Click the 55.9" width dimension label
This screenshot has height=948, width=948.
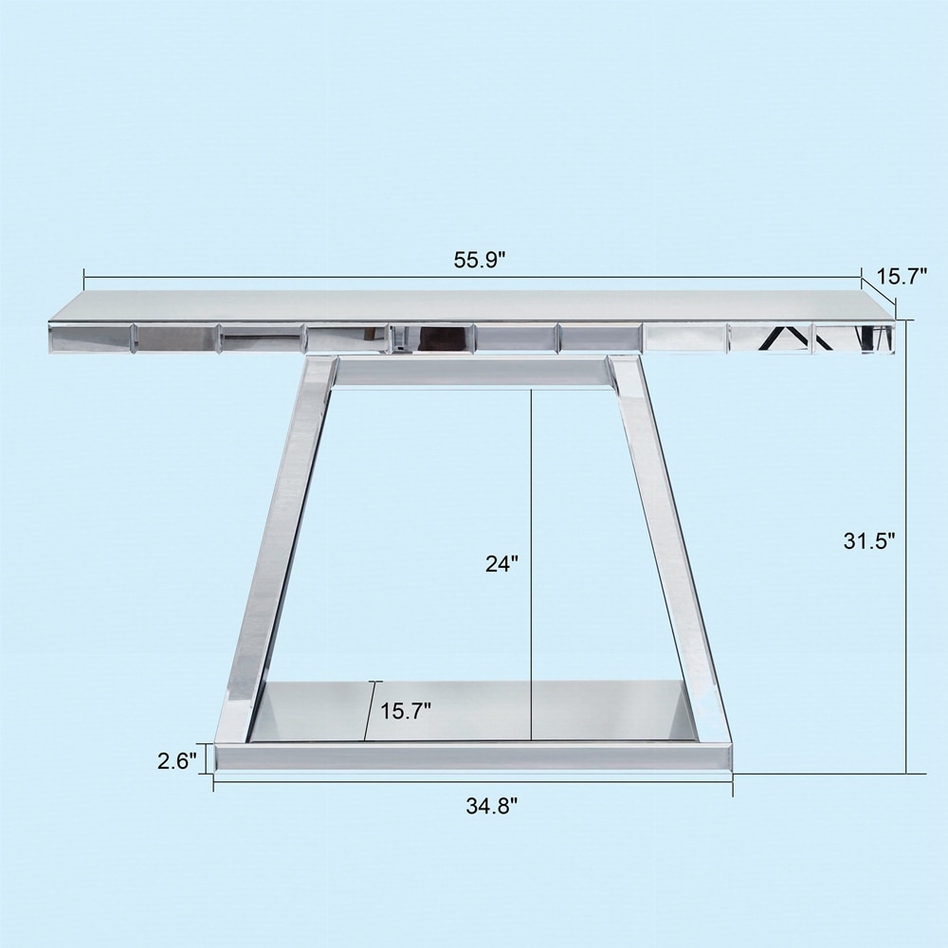pyautogui.click(x=479, y=261)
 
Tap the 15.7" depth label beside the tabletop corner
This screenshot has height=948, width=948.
pyautogui.click(x=902, y=278)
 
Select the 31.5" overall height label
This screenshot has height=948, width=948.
pyautogui.click(x=869, y=540)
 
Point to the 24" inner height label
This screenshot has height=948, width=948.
pyautogui.click(x=501, y=563)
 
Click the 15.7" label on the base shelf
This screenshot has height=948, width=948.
pyautogui.click(x=406, y=710)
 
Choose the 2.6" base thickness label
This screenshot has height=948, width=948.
pyautogui.click(x=177, y=761)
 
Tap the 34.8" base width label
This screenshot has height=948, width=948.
pyautogui.click(x=491, y=806)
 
